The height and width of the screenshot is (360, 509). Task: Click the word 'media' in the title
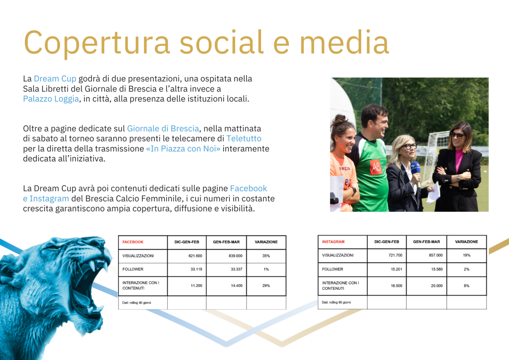[x=344, y=42]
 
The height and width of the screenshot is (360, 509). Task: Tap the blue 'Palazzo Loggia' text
[x=51, y=99]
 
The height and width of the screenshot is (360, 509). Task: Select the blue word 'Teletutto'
[x=244, y=139]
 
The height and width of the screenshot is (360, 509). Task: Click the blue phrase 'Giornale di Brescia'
[x=163, y=128]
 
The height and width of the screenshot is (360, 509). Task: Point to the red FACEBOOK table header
[x=133, y=242]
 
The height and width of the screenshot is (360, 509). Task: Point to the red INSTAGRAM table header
[x=333, y=242]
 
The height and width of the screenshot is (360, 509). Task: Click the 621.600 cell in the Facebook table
[x=195, y=256]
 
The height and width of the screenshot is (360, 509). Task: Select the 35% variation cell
[x=266, y=256]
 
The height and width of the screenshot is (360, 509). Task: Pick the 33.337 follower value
[x=237, y=269]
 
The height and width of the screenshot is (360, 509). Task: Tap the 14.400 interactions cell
[x=237, y=286]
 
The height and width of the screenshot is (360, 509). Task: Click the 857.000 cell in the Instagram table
[x=436, y=255]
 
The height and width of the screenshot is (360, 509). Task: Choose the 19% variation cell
[x=466, y=255]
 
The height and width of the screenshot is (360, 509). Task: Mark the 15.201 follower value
[x=396, y=269]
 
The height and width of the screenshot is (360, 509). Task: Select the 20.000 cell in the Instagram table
[x=437, y=286]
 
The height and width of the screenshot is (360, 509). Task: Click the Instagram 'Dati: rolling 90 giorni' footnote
[x=336, y=302]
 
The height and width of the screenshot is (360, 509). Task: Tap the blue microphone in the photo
[x=416, y=169]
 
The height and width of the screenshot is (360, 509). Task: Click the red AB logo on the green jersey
[x=376, y=167]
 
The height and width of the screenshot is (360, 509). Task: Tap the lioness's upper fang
[x=92, y=265]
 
